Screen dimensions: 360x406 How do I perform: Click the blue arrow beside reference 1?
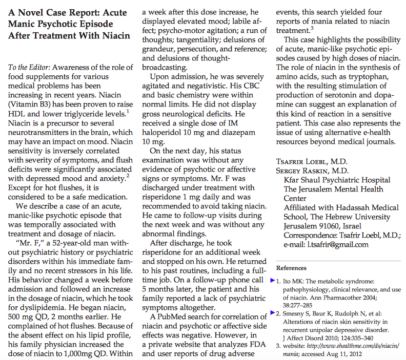coord(272,281)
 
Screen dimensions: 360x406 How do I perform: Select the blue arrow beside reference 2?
coord(272,312)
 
